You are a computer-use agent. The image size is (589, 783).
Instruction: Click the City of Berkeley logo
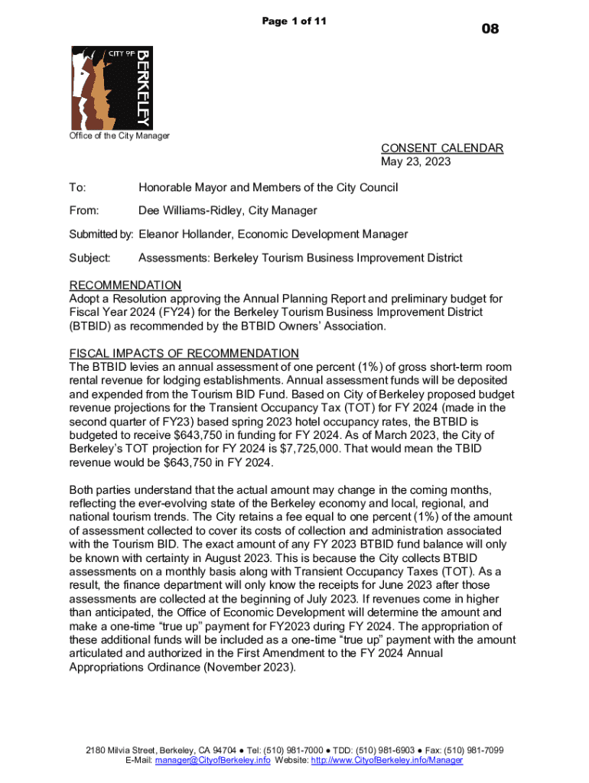(x=112, y=87)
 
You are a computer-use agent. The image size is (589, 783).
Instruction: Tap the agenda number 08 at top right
(x=490, y=29)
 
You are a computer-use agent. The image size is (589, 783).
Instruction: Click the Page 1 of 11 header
(x=294, y=21)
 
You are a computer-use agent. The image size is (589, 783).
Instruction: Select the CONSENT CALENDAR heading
(x=442, y=148)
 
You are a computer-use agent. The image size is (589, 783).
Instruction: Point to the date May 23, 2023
(x=416, y=162)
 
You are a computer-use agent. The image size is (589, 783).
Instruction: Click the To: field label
(x=78, y=188)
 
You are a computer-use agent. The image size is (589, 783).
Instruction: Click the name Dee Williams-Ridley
(x=190, y=211)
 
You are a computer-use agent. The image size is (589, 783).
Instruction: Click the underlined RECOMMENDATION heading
(x=125, y=285)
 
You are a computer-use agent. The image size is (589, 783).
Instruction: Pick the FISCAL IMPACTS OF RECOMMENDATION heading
(x=184, y=353)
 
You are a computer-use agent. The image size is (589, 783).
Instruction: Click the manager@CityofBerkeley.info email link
(x=212, y=761)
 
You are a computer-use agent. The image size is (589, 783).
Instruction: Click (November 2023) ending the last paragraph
(x=247, y=667)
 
